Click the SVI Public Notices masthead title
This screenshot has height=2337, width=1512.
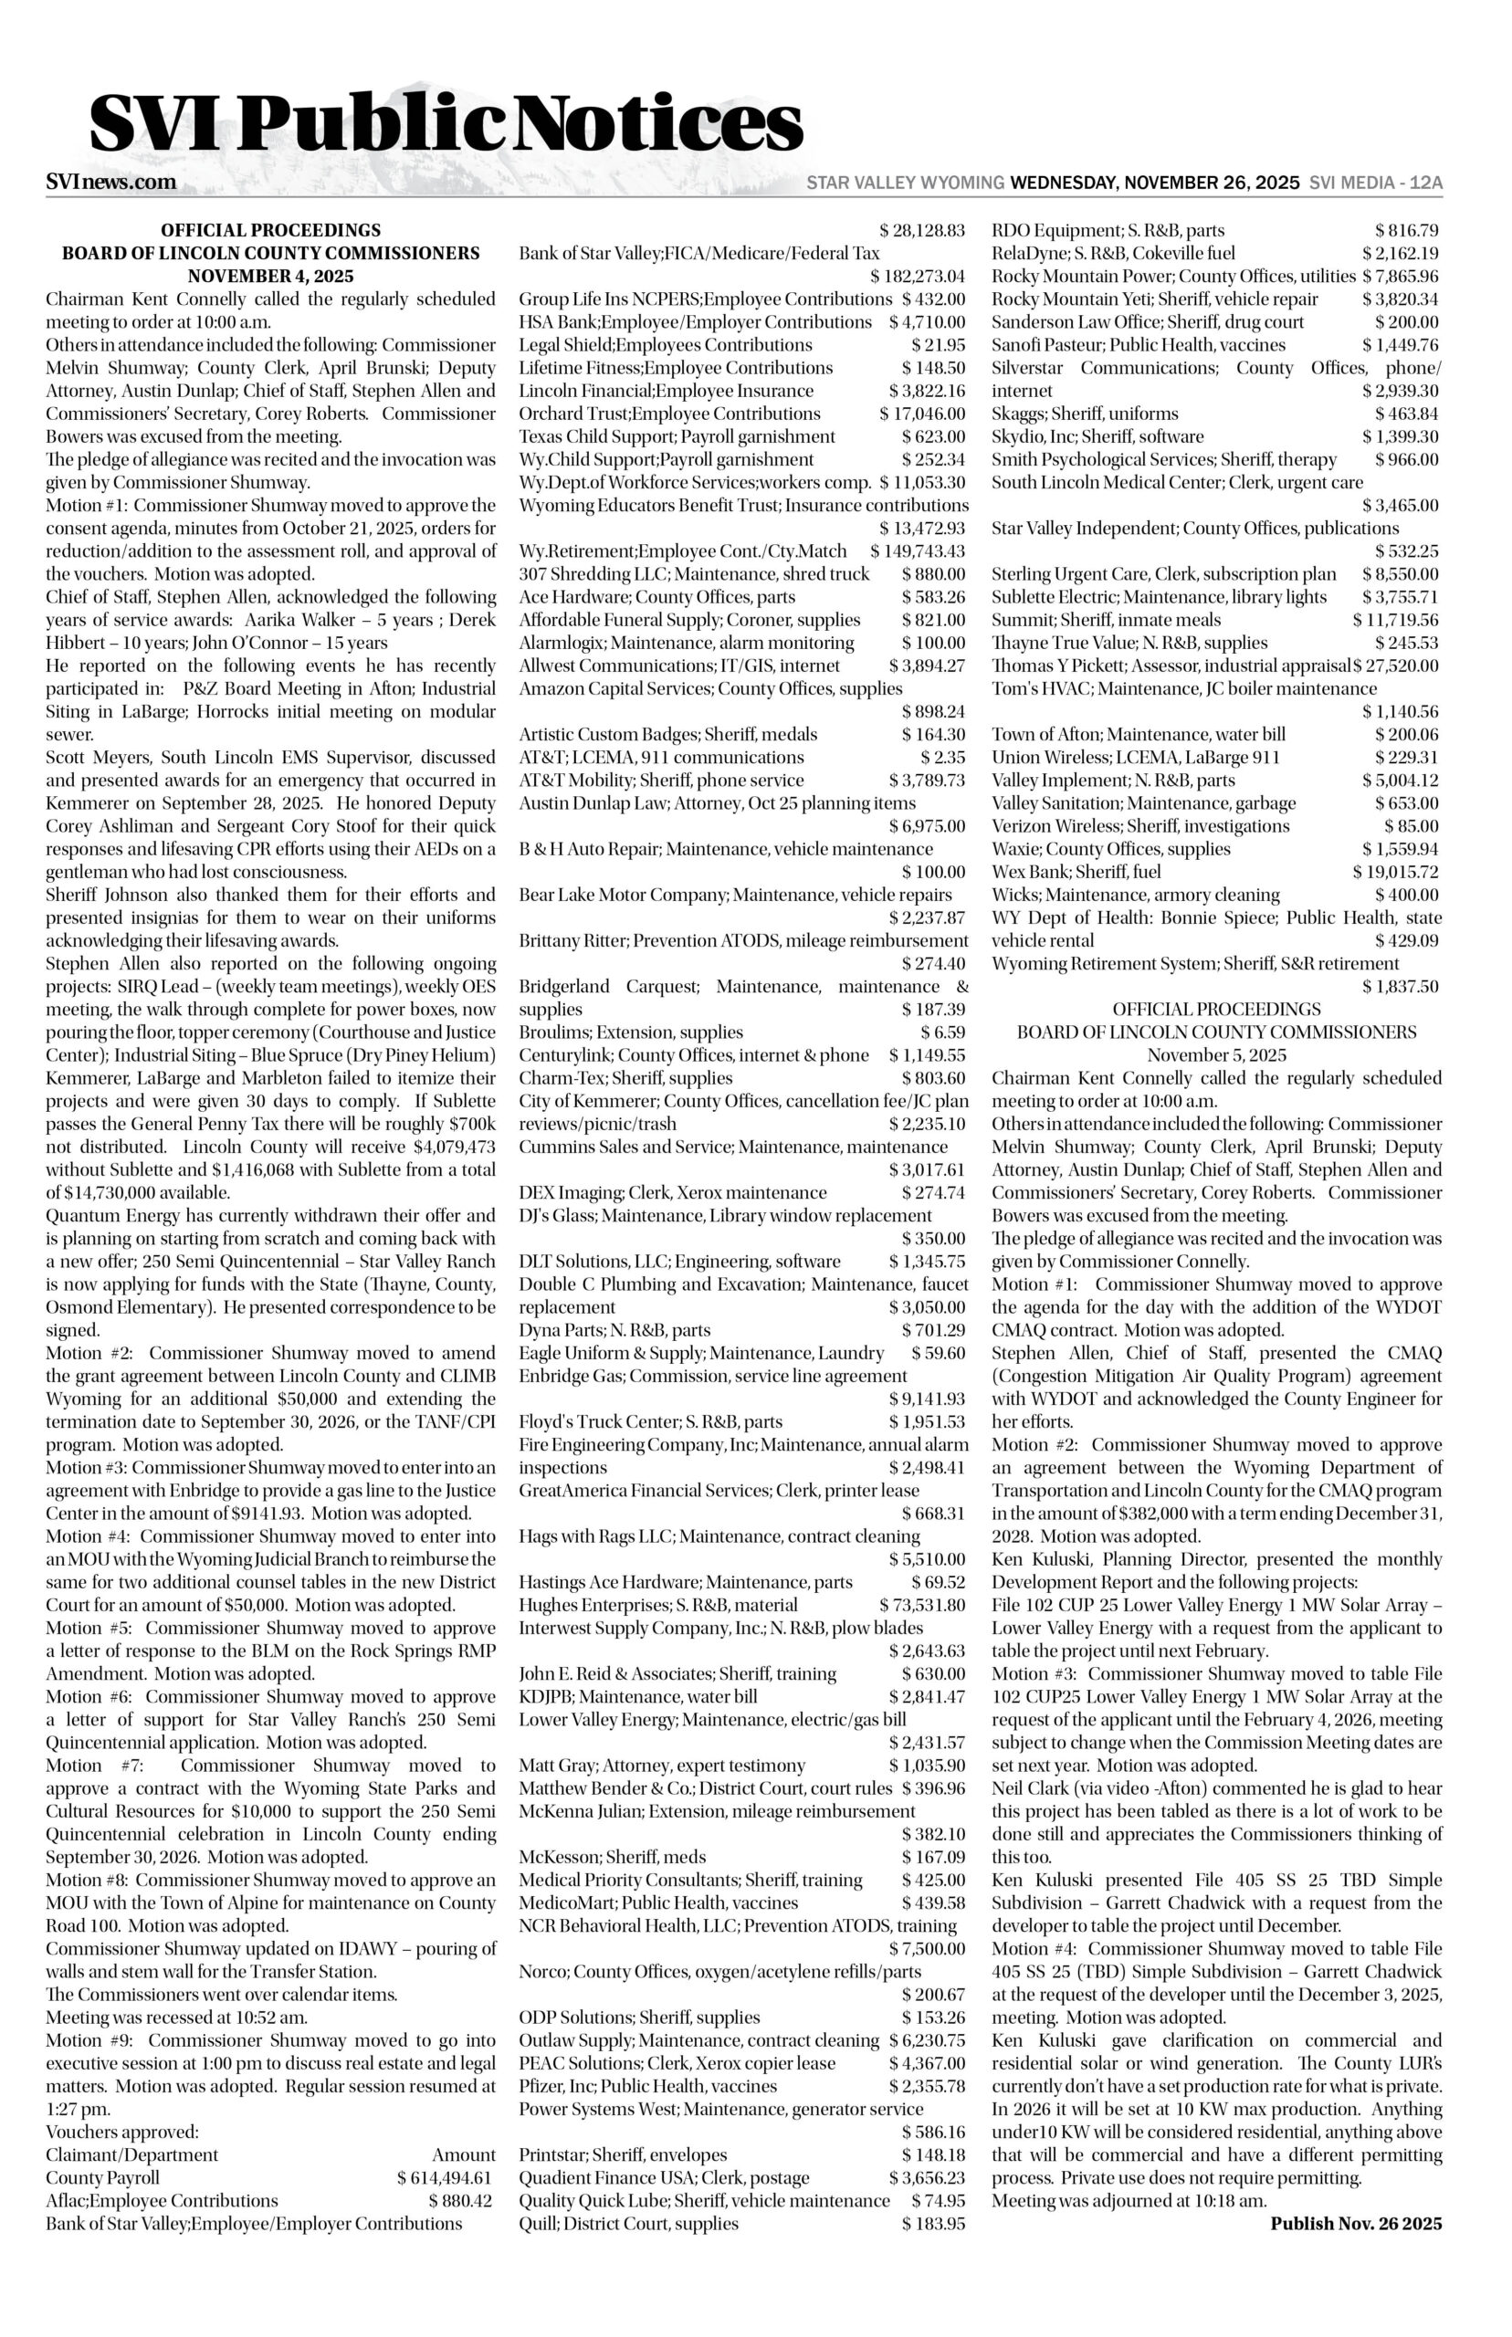tap(446, 126)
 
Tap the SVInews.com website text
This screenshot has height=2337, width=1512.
tap(111, 182)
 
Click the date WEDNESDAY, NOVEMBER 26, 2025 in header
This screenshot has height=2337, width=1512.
tap(1155, 183)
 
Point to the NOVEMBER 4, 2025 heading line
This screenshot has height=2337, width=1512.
tap(271, 276)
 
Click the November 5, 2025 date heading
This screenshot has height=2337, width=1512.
tap(1216, 1055)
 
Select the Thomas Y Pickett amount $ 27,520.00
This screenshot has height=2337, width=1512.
tap(1396, 665)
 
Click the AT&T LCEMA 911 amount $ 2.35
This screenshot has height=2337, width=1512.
tap(942, 757)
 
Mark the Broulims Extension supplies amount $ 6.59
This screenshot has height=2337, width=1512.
tap(942, 1032)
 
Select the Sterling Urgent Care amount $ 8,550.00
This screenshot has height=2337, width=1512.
tap(1400, 574)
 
